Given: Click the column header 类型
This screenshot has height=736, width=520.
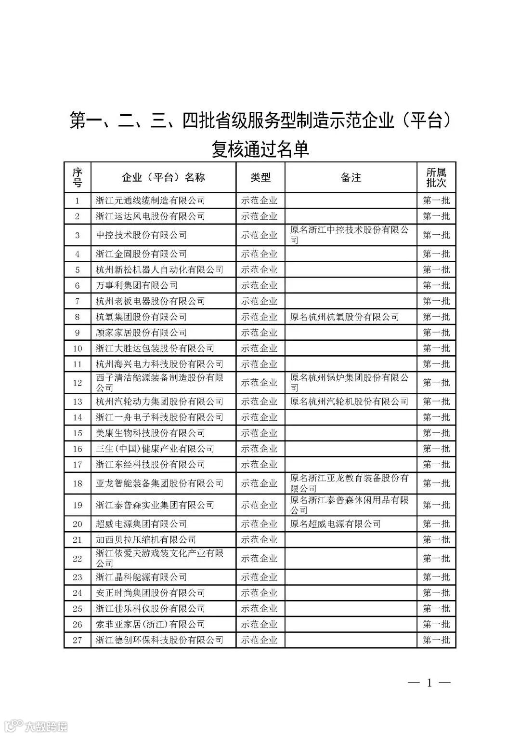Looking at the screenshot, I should click(x=260, y=178).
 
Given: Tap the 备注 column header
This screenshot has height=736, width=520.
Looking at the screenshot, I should click(x=351, y=178).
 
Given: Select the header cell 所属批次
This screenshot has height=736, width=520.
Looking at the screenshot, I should click(x=436, y=178).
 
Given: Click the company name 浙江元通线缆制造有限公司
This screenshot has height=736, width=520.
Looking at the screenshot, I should click(x=150, y=201).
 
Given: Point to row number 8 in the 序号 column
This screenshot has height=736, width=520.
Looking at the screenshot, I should click(x=78, y=317).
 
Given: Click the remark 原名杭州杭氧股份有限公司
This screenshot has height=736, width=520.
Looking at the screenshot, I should click(x=345, y=317).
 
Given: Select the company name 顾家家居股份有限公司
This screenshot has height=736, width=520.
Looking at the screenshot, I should click(x=141, y=333).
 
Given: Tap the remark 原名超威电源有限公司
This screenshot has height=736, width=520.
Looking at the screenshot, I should click(x=336, y=524).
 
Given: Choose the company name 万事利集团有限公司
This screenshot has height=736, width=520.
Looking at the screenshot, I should click(x=137, y=285).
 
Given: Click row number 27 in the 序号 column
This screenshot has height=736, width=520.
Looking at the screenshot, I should click(x=78, y=640).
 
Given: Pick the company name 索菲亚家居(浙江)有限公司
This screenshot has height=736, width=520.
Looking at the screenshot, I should click(x=150, y=624).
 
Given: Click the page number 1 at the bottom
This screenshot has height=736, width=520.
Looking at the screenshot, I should click(x=429, y=682).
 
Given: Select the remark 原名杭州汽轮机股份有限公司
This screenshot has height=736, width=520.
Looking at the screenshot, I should click(x=349, y=401).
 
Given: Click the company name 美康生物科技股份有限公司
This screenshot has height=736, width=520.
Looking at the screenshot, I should click(x=150, y=433).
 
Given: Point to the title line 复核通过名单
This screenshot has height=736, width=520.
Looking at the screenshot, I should click(x=260, y=149).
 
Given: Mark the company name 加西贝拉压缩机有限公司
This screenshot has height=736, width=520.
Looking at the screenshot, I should click(x=146, y=540).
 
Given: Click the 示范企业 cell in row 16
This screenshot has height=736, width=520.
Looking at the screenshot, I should click(x=260, y=449).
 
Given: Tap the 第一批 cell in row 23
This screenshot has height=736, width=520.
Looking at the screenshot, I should click(x=436, y=577).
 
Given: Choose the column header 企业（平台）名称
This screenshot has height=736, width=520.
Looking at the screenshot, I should click(x=163, y=178).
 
